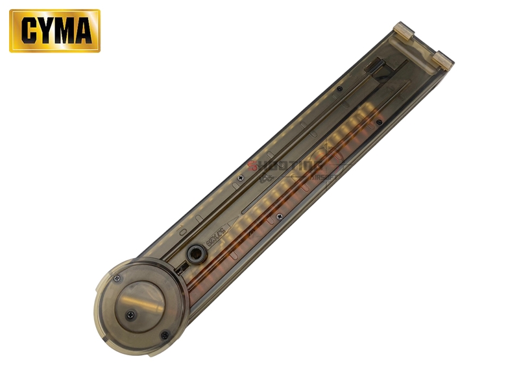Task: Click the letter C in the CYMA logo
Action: [x=29, y=31]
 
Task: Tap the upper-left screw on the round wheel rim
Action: [x=117, y=279]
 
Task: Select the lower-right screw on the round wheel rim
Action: [x=165, y=335]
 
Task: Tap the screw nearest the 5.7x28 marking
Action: [x=280, y=216]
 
